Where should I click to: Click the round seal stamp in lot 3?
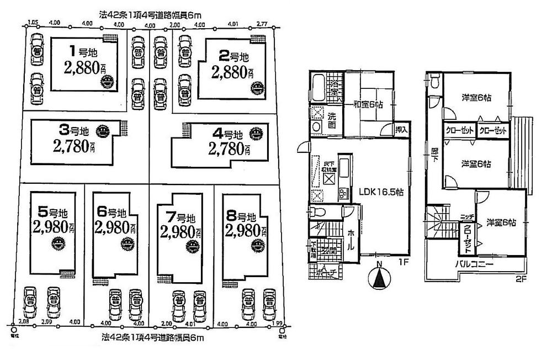102,132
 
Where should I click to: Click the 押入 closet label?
402,130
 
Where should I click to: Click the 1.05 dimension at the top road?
32,24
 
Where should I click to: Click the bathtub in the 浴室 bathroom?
320,88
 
